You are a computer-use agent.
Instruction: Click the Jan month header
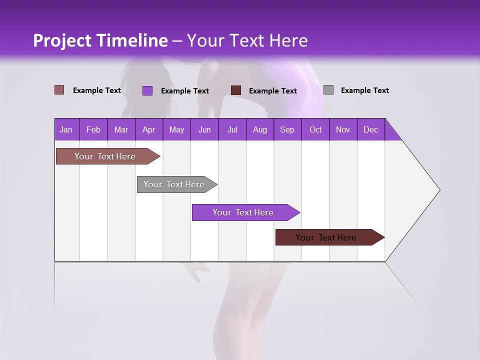click(66, 129)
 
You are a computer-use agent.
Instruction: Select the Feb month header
click(93, 129)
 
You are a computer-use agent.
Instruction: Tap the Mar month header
click(121, 129)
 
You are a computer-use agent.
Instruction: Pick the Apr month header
click(149, 129)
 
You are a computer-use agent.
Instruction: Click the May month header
click(176, 129)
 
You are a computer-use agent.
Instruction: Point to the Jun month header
click(204, 129)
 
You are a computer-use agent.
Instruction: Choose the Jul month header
click(232, 129)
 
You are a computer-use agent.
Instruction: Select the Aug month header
click(260, 129)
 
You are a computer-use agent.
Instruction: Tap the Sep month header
click(287, 129)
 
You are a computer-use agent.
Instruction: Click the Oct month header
click(315, 129)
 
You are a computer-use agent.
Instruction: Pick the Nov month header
click(343, 129)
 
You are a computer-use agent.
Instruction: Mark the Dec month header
click(371, 129)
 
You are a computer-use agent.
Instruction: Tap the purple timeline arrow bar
click(243, 212)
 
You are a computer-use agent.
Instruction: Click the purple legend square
click(147, 90)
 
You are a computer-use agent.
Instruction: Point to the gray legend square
click(328, 90)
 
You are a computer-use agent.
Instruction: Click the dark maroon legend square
click(236, 90)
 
